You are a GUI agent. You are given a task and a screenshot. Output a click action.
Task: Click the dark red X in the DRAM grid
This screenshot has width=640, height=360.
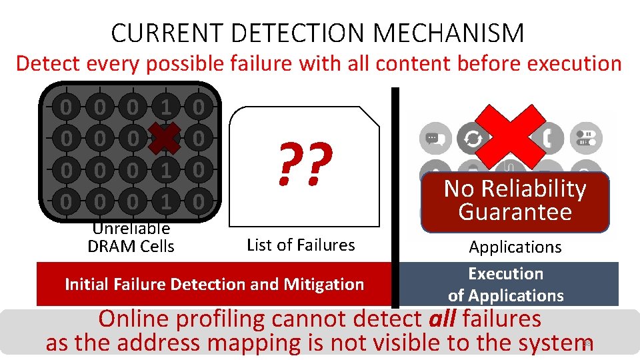(x=165, y=139)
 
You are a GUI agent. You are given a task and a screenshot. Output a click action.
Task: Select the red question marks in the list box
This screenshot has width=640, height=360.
(x=305, y=165)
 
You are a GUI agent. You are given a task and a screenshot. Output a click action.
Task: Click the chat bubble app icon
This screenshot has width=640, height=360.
(x=433, y=139)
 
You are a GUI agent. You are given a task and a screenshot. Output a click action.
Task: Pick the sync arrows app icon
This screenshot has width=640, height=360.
(x=473, y=139)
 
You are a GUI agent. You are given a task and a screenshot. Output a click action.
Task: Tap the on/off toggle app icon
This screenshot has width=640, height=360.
(x=587, y=139)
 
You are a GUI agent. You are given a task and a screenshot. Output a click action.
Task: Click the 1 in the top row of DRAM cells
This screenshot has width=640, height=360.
(x=165, y=107)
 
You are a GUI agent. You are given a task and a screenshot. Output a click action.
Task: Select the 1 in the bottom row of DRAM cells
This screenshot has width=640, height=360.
(x=165, y=201)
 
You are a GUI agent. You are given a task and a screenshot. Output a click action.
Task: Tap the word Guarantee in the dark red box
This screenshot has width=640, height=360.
(x=515, y=212)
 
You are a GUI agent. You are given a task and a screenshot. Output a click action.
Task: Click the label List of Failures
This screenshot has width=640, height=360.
(x=301, y=245)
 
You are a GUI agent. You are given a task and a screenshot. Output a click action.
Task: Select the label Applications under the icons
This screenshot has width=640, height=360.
(x=515, y=247)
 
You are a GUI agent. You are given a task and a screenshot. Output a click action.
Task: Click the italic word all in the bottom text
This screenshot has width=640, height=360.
(x=441, y=319)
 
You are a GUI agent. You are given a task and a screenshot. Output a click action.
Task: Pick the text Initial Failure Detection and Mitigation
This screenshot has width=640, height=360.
(x=214, y=285)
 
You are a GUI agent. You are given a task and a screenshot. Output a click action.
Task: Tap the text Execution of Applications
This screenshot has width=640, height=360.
(x=505, y=285)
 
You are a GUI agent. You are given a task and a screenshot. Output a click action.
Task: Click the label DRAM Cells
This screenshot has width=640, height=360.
(x=131, y=246)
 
